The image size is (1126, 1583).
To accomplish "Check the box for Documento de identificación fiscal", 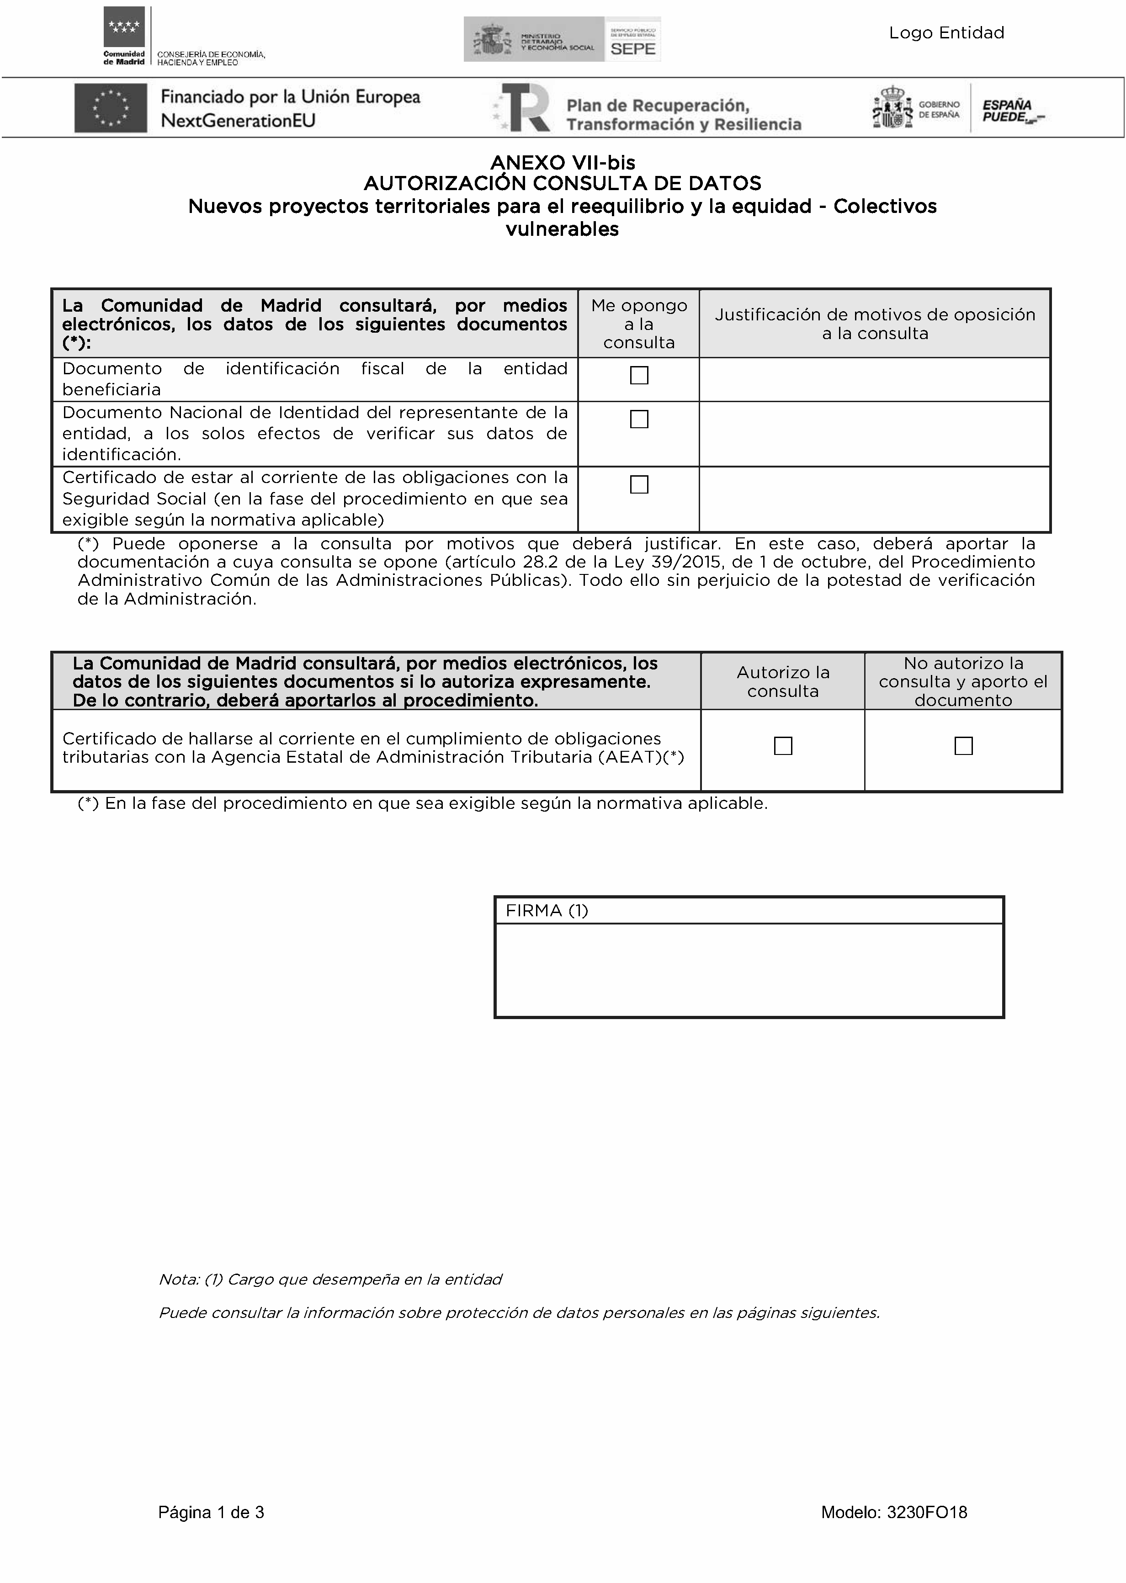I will tap(638, 375).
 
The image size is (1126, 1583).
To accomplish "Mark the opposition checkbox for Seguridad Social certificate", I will tap(638, 484).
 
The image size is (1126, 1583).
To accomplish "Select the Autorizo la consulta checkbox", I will tap(783, 745).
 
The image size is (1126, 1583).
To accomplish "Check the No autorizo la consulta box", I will tap(963, 745).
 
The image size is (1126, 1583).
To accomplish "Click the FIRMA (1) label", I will tap(547, 910).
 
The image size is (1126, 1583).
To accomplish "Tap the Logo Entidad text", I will tap(946, 32).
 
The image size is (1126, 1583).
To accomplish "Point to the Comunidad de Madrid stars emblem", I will tap(124, 28).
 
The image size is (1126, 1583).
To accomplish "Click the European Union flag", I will tap(111, 107).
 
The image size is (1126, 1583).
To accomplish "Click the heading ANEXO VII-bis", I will tap(562, 162).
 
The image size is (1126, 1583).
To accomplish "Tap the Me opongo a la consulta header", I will tap(638, 324).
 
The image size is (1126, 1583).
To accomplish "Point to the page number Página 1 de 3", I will tap(211, 1512).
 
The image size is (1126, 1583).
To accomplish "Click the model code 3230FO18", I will tap(926, 1512).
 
